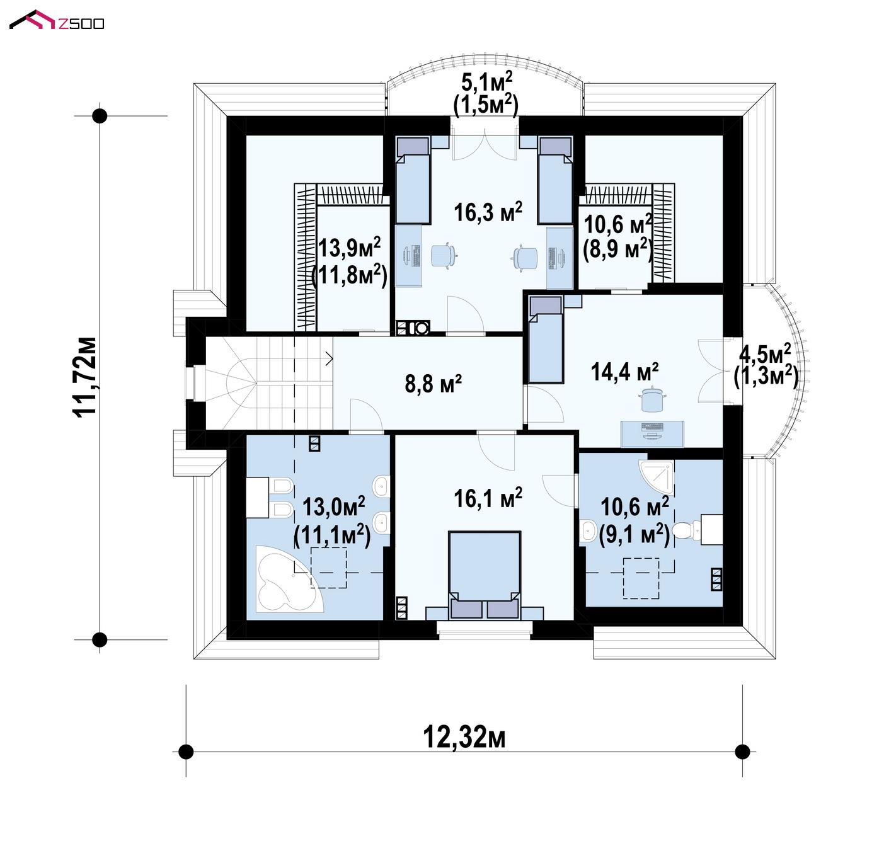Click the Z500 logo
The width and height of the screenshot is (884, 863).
tap(57, 20)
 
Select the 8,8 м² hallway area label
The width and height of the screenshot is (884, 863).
tap(433, 384)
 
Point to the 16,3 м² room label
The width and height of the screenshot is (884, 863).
tap(488, 212)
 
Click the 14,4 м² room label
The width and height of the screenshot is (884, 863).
tap(624, 371)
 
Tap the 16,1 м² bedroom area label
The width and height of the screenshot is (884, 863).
tap(488, 498)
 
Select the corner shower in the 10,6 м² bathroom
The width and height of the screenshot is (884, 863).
tap(656, 477)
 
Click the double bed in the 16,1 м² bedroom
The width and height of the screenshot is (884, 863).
tap(485, 575)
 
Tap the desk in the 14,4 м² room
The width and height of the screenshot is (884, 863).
tap(652, 434)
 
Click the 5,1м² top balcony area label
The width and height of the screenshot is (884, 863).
tap(486, 83)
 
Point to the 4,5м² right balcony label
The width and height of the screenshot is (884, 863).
tap(765, 354)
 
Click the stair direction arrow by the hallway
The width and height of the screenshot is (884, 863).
tap(329, 359)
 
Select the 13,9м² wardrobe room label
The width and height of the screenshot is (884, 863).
tap(349, 248)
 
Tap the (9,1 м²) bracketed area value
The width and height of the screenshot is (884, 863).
tap(634, 535)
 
